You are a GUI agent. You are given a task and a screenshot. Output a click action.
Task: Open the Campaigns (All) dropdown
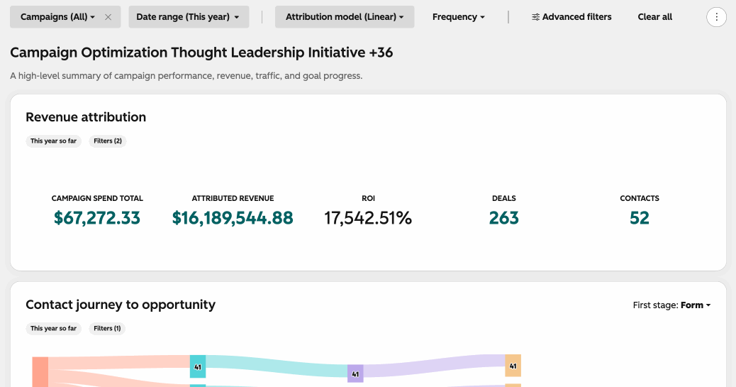point(57,17)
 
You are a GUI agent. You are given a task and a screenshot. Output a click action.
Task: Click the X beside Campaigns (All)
point(108,17)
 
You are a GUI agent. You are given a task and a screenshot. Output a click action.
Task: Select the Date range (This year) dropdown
point(189,17)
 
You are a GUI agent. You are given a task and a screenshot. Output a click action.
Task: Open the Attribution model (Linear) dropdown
point(345,17)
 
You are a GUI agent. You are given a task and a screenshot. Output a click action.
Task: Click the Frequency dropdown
point(458,17)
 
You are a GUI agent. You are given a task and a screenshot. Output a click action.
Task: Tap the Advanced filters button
point(571,17)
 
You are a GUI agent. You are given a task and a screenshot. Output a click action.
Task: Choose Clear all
point(654,17)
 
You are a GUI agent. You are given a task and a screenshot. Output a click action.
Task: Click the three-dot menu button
point(716,17)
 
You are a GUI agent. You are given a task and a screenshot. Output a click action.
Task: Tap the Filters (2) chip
point(108,141)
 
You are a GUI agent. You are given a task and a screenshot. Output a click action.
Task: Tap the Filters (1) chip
point(107,329)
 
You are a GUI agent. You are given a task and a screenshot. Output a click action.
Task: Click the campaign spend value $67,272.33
point(97,218)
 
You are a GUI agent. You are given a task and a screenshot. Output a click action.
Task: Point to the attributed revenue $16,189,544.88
point(233,218)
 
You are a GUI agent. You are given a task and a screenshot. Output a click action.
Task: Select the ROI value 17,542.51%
point(368,218)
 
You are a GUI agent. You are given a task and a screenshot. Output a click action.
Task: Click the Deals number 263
point(503,218)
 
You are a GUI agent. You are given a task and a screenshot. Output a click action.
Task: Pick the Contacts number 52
point(640,218)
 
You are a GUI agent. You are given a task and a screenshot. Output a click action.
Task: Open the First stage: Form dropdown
point(671,305)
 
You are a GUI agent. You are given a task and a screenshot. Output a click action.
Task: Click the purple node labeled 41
point(355,374)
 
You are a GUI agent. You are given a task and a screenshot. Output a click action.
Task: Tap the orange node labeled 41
point(513,366)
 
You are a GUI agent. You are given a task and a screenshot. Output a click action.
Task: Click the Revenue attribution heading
point(86,117)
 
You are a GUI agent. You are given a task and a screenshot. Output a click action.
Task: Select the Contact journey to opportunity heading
point(121,305)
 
